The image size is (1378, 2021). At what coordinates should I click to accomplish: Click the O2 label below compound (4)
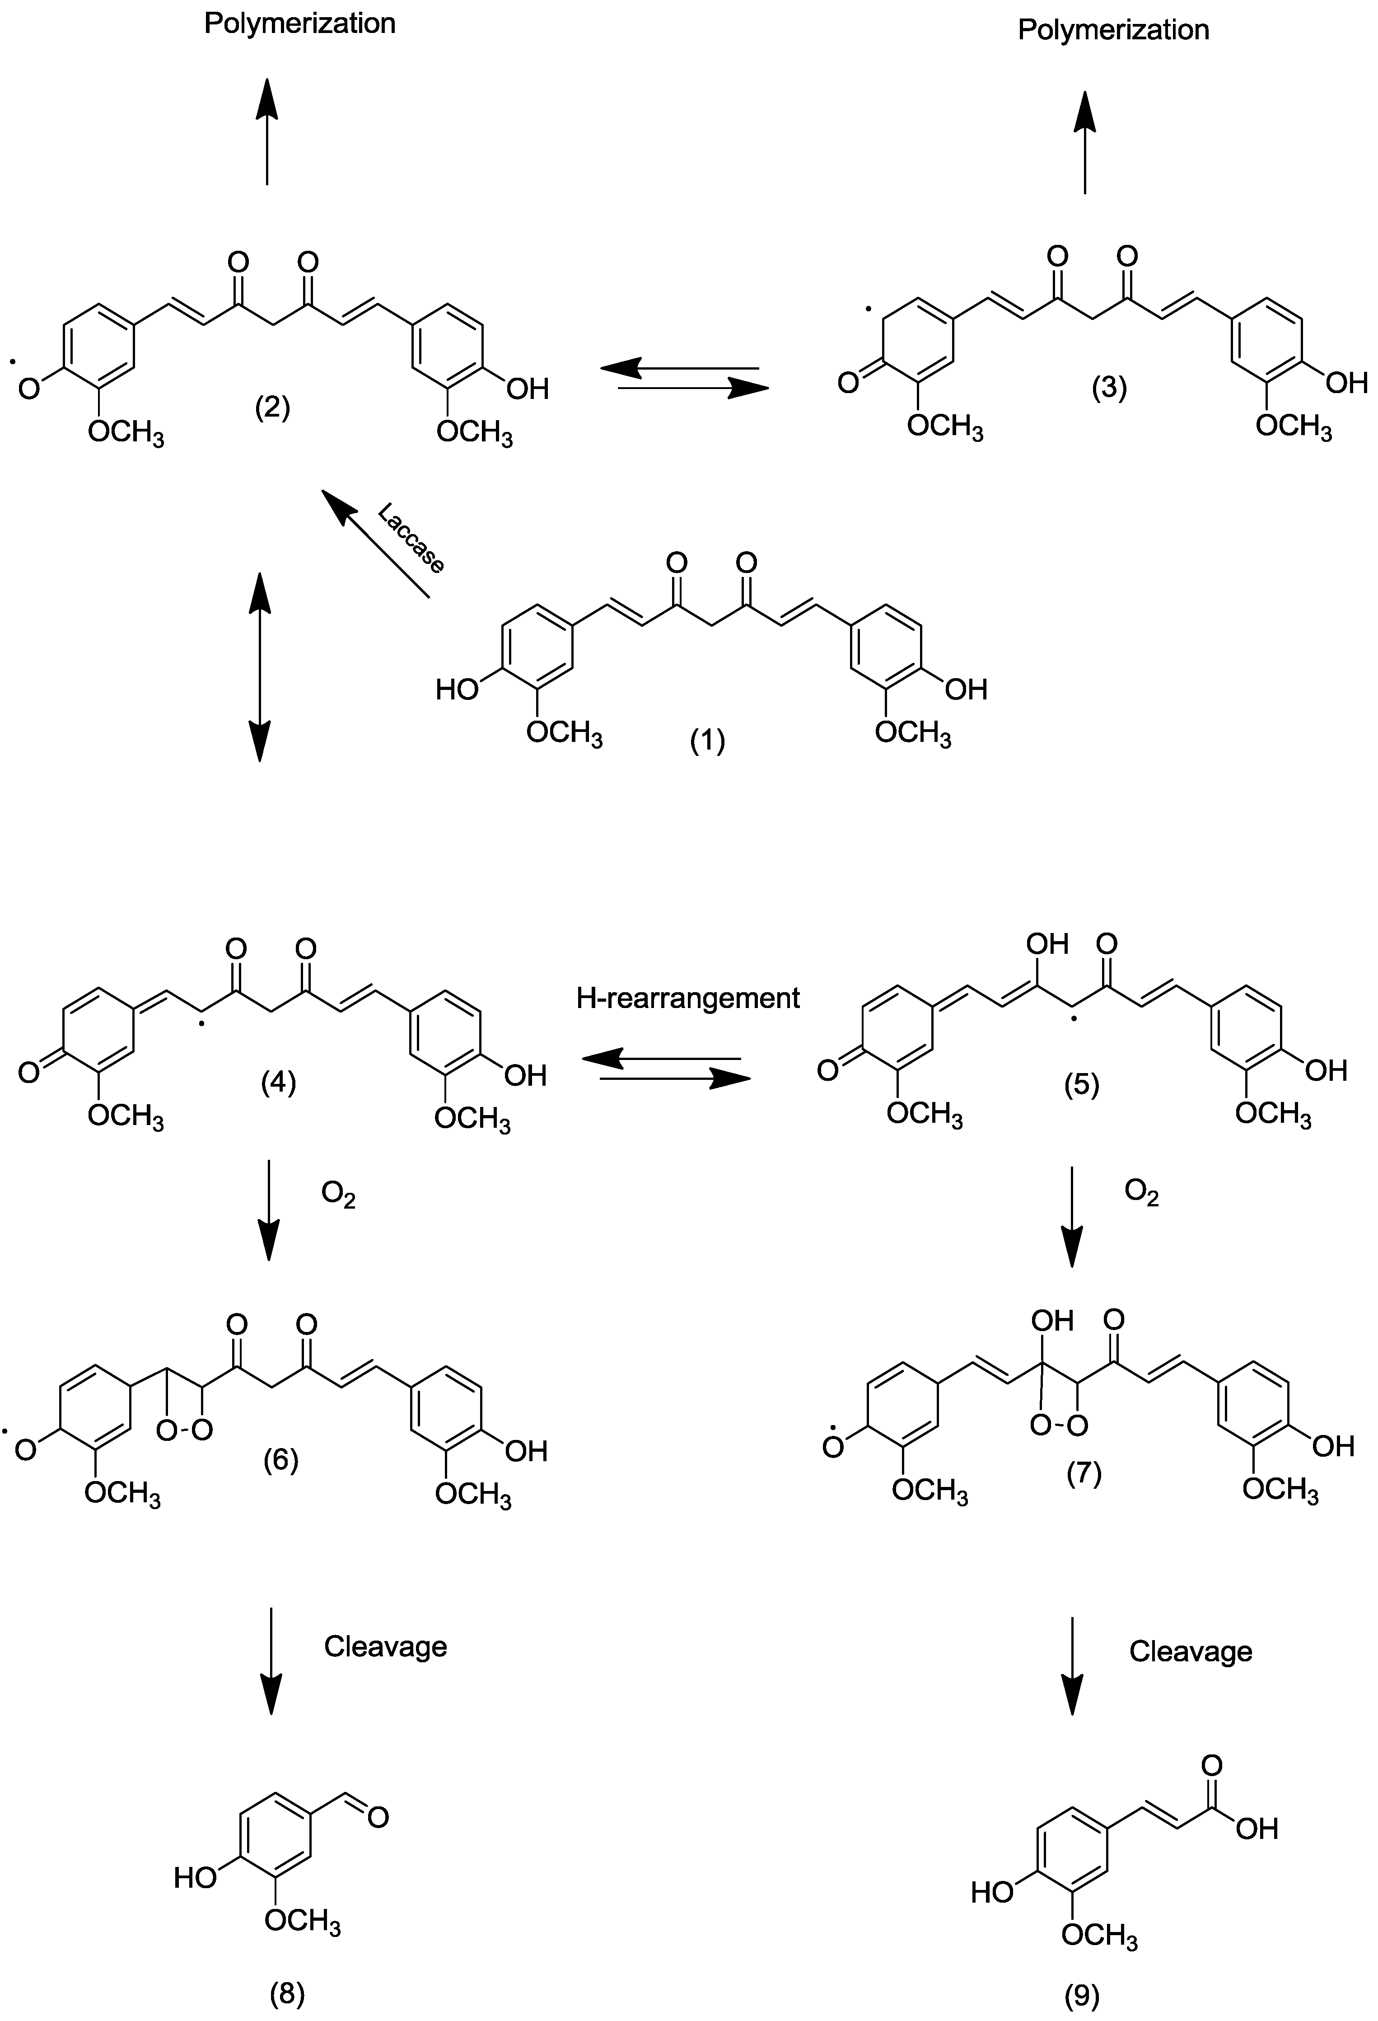(x=338, y=1196)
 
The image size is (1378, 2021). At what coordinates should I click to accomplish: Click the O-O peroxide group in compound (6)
(x=184, y=1430)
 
